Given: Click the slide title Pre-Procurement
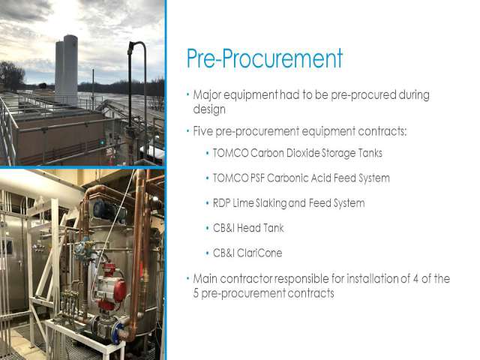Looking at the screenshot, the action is click(x=265, y=58).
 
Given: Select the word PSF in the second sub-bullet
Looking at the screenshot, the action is click(x=257, y=178).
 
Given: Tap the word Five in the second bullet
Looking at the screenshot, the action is click(x=203, y=131).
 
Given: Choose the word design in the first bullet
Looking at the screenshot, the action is click(x=209, y=109).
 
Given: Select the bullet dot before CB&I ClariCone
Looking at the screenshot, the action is click(x=208, y=253).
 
